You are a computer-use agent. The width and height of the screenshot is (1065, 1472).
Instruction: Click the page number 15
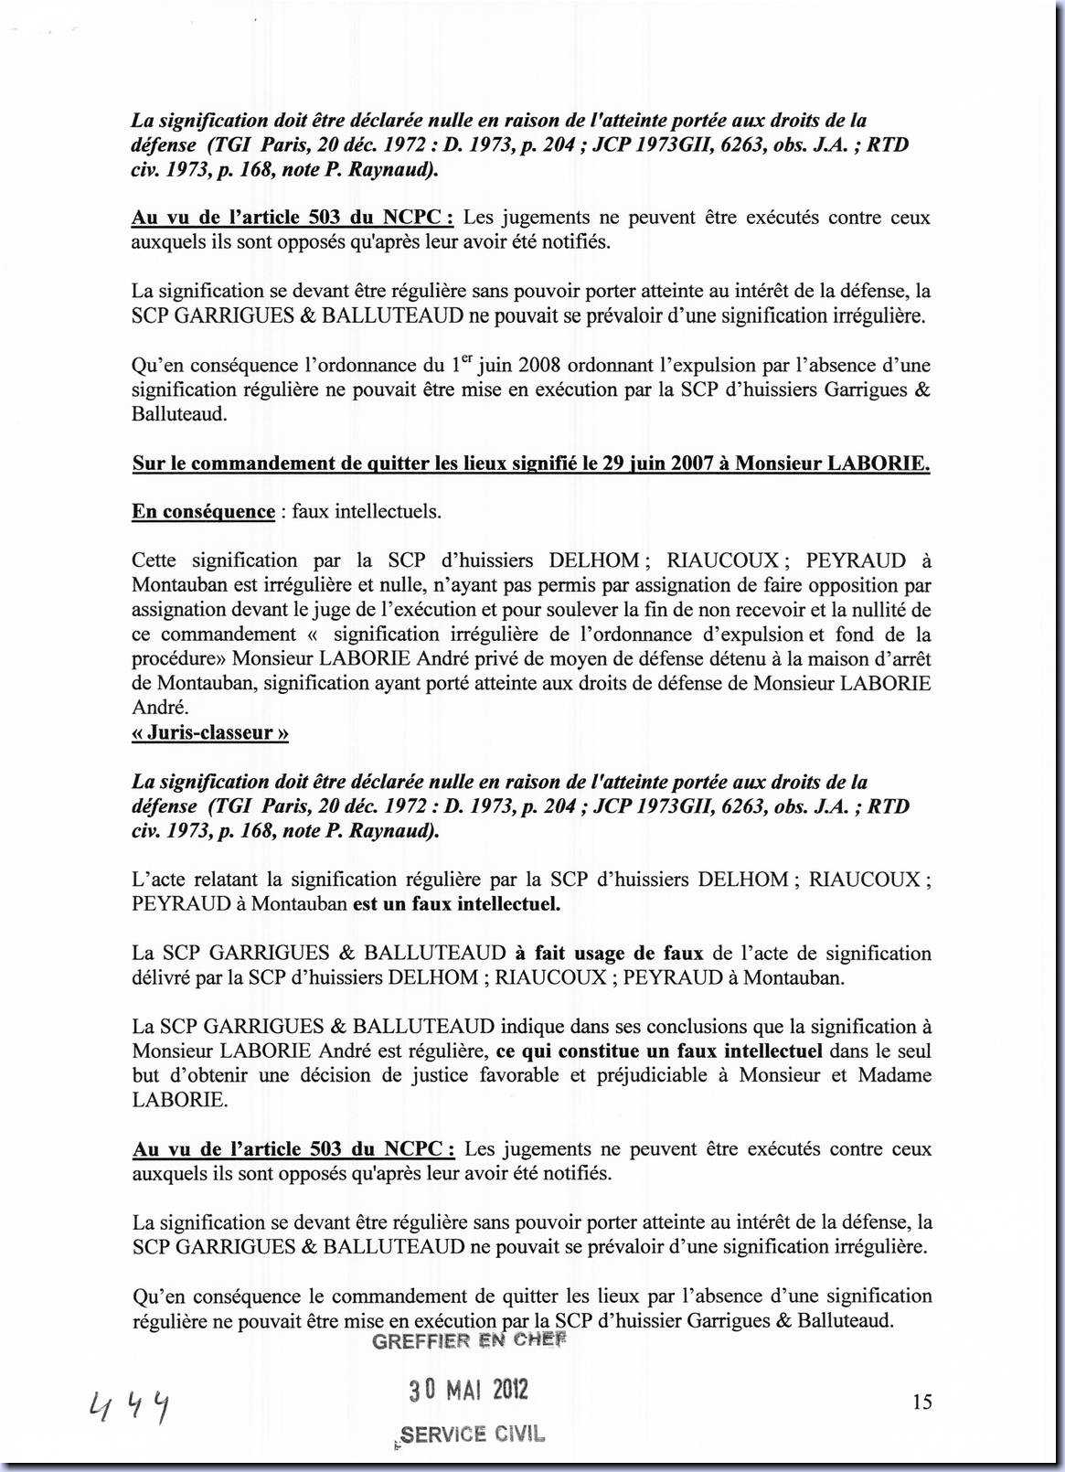tap(921, 1401)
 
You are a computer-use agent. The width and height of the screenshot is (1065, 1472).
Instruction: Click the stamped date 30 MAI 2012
tap(468, 1391)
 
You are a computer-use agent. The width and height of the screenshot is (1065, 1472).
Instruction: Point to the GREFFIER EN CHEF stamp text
tap(470, 1340)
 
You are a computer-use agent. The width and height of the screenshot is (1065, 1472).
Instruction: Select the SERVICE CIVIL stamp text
tap(472, 1435)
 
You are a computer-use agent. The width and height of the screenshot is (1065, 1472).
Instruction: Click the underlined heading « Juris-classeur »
tap(210, 732)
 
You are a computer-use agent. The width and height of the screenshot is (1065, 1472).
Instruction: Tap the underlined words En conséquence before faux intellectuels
tap(203, 511)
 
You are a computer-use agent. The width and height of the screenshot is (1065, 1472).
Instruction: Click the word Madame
tap(892, 1074)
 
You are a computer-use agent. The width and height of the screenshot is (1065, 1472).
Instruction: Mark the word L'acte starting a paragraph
tap(159, 880)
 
